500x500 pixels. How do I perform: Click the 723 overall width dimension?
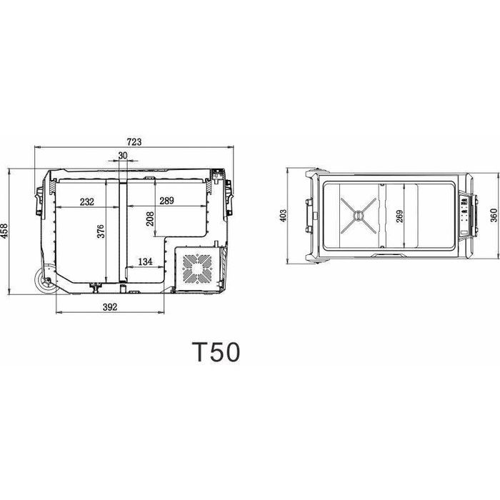(134, 141)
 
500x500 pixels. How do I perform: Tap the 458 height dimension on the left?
(4, 231)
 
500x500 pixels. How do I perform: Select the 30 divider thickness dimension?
(123, 156)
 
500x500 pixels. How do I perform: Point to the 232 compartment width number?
(87, 202)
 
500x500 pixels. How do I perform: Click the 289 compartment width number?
(166, 201)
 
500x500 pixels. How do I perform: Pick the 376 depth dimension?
(101, 231)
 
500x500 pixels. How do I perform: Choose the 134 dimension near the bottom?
(145, 261)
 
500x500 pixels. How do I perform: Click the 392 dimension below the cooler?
(110, 306)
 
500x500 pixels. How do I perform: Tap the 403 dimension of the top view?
(283, 216)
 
